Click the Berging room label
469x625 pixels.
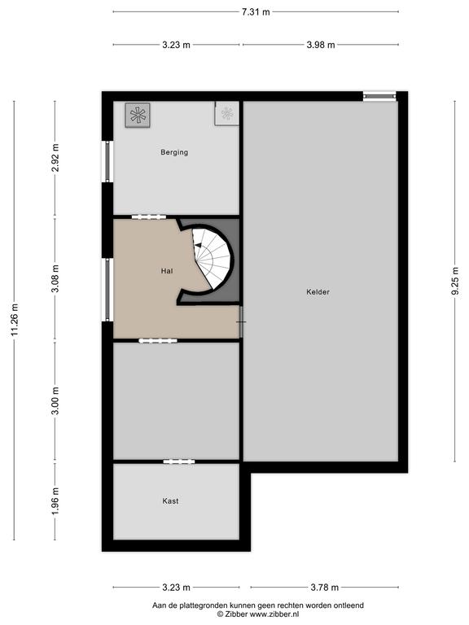coord(174,152)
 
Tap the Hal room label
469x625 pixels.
coord(167,271)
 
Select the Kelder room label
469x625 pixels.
coord(318,292)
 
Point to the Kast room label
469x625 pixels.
coord(170,501)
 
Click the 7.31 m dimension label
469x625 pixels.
coord(256,12)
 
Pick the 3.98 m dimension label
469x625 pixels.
coord(321,45)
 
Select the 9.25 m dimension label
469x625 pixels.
coord(455,281)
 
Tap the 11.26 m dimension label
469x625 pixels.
coord(15,320)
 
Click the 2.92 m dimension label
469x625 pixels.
coord(55,157)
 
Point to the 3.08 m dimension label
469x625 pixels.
coord(55,278)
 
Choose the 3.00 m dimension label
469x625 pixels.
coord(55,400)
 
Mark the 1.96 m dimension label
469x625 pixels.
coord(55,501)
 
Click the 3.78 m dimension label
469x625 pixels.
coord(325,587)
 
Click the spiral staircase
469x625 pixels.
coord(213,257)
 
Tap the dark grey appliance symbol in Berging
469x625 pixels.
coord(138,116)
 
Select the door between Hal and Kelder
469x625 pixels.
coord(241,321)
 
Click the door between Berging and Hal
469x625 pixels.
coord(149,216)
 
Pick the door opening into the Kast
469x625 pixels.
coord(179,461)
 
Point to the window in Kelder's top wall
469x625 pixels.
coord(379,96)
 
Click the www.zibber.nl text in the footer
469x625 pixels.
coord(274,614)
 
